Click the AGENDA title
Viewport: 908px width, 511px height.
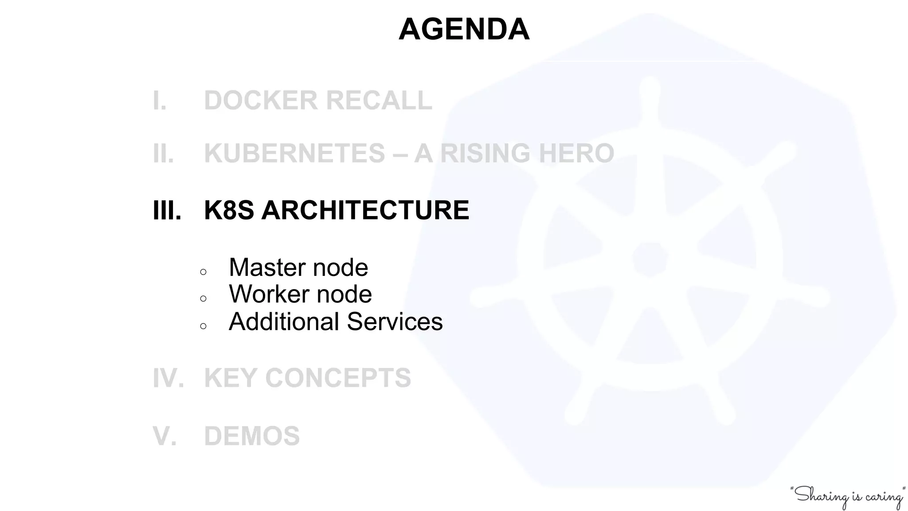(464, 29)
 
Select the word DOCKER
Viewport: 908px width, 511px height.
(261, 100)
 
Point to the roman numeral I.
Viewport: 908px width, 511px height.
(159, 100)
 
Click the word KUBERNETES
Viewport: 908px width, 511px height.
(294, 153)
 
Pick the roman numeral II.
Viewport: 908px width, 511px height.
(163, 153)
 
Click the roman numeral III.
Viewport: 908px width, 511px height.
(167, 210)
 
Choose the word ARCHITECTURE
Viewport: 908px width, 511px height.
(365, 210)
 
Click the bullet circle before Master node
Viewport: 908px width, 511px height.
(203, 272)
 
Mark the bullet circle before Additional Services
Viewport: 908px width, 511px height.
(203, 326)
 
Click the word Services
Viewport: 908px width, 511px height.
(395, 322)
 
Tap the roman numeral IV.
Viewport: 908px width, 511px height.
(168, 378)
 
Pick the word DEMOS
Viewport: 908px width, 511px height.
(252, 436)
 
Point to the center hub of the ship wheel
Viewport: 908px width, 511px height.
(650, 260)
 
